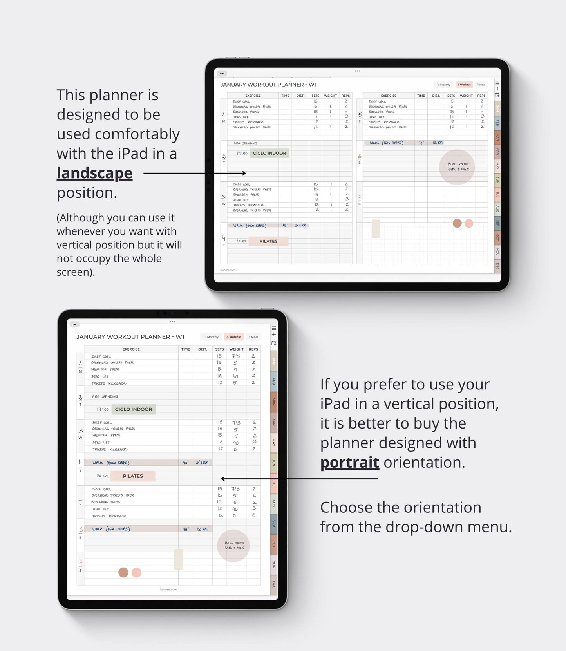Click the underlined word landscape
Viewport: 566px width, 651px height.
tap(94, 173)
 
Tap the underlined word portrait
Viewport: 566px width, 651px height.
tap(349, 463)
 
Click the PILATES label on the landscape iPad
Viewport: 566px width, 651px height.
tap(268, 241)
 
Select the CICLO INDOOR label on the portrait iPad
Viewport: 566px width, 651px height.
tap(134, 409)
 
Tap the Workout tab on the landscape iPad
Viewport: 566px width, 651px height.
tap(465, 85)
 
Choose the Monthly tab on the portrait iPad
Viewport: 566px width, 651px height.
tap(212, 337)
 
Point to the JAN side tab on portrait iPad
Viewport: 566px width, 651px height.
tap(274, 361)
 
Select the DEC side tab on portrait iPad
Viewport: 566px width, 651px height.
tap(274, 584)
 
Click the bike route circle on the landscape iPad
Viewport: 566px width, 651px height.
tap(457, 167)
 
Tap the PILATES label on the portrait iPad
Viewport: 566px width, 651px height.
tap(133, 476)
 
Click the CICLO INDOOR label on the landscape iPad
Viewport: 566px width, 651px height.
tap(269, 153)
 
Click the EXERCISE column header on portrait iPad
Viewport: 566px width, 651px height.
tap(131, 349)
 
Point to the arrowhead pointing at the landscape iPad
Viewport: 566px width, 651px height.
tap(244, 173)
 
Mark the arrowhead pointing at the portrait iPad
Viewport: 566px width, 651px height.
tap(223, 479)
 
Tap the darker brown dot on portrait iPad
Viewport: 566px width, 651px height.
tap(123, 573)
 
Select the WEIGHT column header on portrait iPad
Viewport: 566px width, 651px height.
tap(236, 349)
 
